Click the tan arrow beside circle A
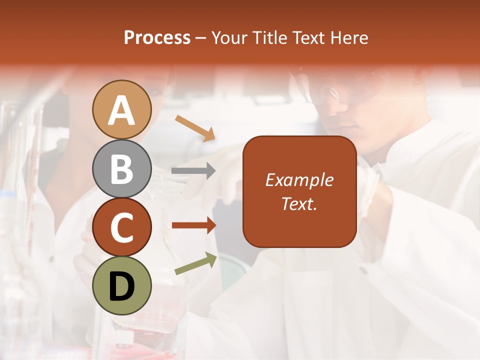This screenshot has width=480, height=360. [x=195, y=127]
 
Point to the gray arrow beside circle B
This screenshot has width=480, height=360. [x=193, y=171]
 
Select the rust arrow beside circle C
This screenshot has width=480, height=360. [x=193, y=225]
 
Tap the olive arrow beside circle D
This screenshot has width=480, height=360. [x=196, y=264]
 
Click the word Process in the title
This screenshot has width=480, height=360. [x=157, y=37]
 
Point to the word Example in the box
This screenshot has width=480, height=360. [x=299, y=180]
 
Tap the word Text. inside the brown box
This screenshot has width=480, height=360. [x=299, y=203]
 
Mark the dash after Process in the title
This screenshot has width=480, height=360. [x=200, y=38]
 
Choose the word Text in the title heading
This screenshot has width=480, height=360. [x=306, y=37]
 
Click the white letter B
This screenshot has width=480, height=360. [x=122, y=169]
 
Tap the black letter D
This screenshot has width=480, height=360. [x=122, y=286]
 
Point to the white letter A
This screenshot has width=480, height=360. [x=122, y=110]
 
